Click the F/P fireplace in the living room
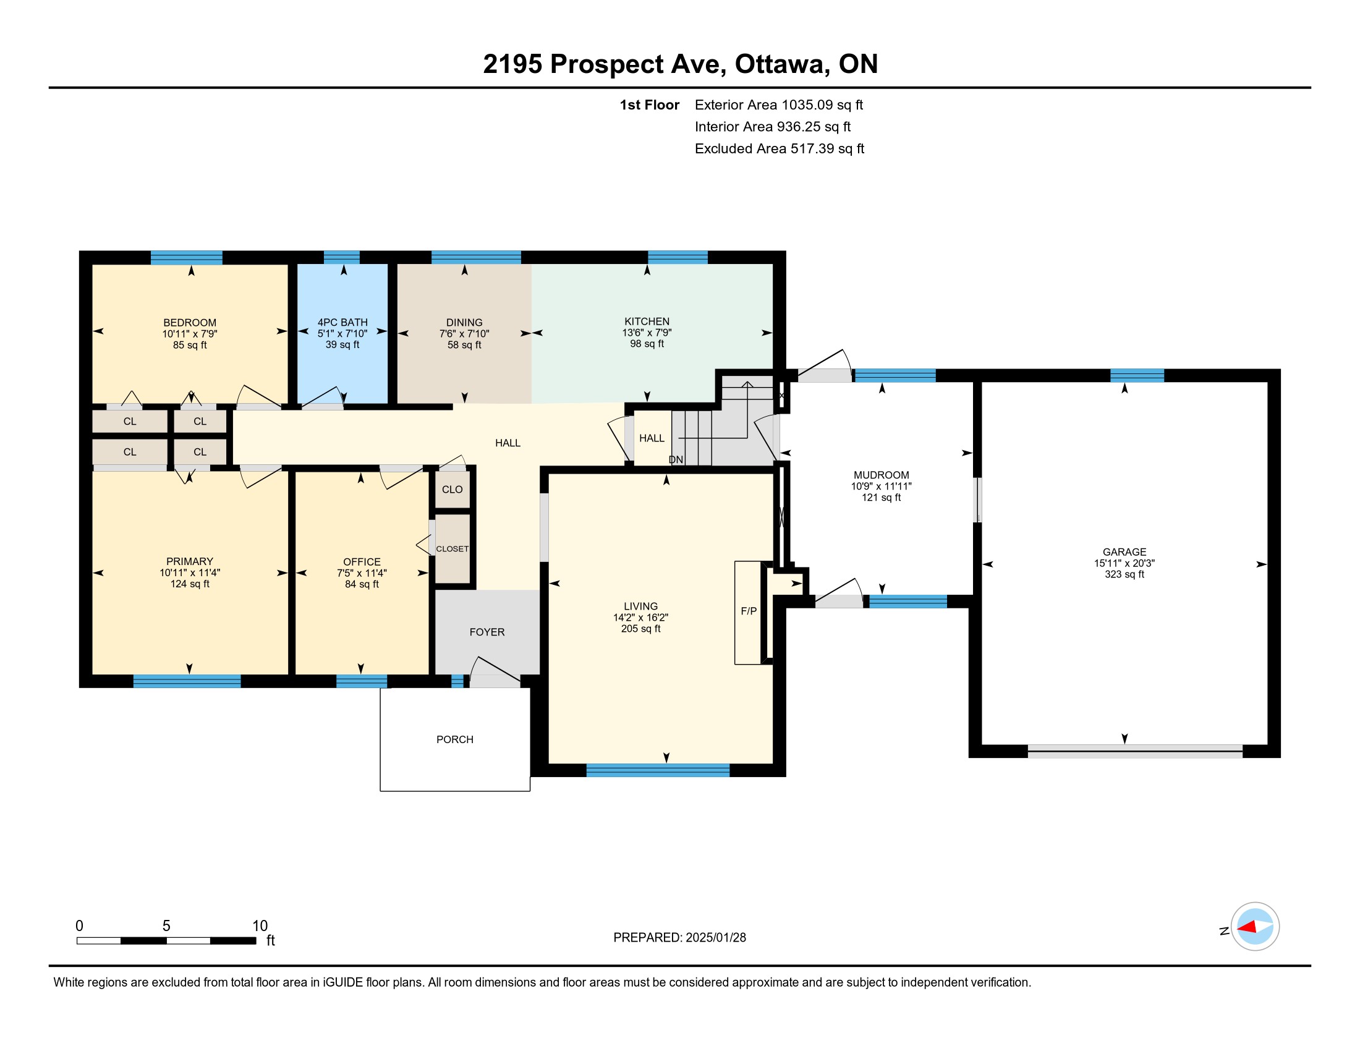tap(748, 613)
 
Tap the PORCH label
tap(454, 739)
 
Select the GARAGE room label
tap(1124, 551)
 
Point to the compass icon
tap(1255, 927)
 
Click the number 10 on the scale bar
tap(260, 926)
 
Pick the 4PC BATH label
tap(342, 323)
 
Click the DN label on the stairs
tap(676, 459)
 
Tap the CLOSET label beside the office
tap(452, 548)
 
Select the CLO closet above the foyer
tap(452, 490)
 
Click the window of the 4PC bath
tap(341, 257)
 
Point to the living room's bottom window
tap(658, 770)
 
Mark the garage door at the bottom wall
tap(1134, 751)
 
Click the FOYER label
tap(487, 632)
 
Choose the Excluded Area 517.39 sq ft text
tap(780, 148)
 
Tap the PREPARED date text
tap(679, 938)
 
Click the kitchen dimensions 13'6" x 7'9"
tap(647, 333)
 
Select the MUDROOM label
tap(881, 475)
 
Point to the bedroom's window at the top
tap(186, 258)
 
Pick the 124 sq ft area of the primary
tap(190, 584)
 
